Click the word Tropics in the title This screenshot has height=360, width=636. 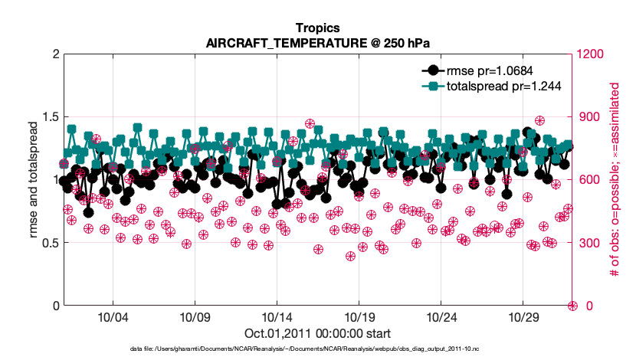pyautogui.click(x=316, y=29)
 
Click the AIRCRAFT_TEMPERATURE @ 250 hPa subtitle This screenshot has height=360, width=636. pyautogui.click(x=316, y=43)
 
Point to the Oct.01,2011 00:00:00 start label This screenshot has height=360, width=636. pyautogui.click(x=316, y=333)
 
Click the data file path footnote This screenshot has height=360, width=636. pyautogui.click(x=316, y=349)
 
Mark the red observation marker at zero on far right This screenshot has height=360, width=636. pyautogui.click(x=572, y=306)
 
